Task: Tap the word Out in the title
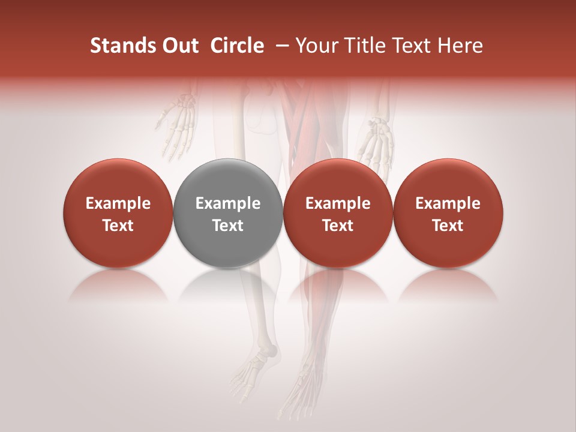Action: [178, 46]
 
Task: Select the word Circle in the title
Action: [237, 46]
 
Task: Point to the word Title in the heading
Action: [365, 46]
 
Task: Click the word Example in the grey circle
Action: [228, 203]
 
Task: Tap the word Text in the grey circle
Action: [228, 226]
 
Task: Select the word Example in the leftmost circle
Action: [118, 203]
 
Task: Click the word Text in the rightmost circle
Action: [448, 226]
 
